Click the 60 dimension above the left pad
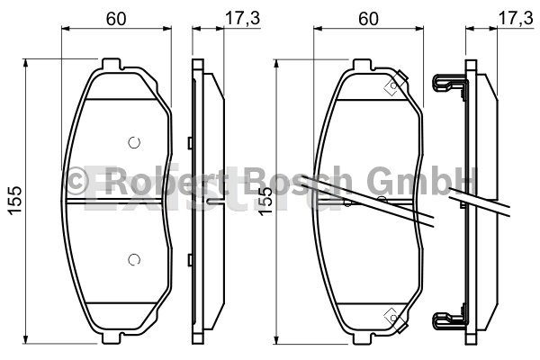click(116, 18)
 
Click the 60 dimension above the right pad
click(368, 18)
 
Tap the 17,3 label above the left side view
click(242, 18)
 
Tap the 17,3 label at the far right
click(516, 18)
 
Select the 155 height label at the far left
click(15, 201)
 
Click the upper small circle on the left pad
click(134, 142)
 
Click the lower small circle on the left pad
click(134, 259)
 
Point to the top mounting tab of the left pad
click(112, 64)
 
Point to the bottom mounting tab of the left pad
click(112, 338)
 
